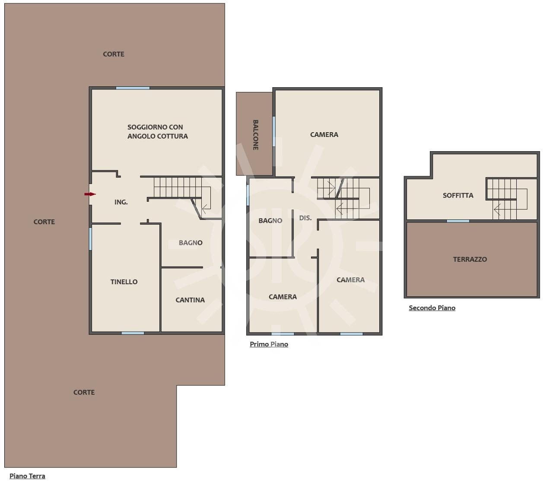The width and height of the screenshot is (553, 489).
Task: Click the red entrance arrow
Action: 90,194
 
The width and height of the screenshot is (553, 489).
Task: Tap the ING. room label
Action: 121,202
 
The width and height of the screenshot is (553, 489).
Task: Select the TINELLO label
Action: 124,282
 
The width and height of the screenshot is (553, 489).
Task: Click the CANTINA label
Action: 190,300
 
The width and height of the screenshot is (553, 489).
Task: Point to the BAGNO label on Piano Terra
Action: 191,243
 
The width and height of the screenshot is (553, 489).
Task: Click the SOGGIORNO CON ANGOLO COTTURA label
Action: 158,131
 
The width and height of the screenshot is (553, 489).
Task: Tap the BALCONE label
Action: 255,135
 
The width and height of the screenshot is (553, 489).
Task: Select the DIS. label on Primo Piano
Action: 305,218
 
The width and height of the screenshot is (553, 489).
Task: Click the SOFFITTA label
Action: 458,195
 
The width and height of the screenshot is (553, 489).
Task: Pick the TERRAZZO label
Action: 470,259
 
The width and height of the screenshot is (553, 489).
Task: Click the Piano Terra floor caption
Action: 27,476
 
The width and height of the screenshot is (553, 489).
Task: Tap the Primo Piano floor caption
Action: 269,344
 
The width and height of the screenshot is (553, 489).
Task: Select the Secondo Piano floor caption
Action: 432,308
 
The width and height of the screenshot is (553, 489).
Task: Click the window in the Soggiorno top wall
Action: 133,88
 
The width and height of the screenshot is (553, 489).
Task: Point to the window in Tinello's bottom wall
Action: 133,333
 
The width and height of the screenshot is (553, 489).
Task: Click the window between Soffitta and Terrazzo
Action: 458,221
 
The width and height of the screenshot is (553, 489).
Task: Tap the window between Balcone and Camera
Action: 274,131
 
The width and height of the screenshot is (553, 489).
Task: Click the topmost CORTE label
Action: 114,54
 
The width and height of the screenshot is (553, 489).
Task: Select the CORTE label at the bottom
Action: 84,392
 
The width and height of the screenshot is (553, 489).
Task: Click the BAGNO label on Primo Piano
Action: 270,221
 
